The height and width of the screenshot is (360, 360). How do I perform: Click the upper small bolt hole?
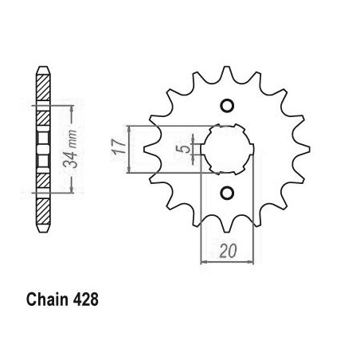tap(227, 106)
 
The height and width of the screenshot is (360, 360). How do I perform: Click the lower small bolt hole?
tap(227, 193)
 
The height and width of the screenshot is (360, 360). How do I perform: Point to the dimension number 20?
tap(228, 251)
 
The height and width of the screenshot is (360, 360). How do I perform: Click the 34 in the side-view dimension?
tap(71, 160)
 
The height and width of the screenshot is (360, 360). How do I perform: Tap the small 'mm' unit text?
tap(73, 139)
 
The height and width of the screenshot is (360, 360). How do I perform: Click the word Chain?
tap(47, 299)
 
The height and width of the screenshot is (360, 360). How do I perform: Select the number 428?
tap(85, 299)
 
